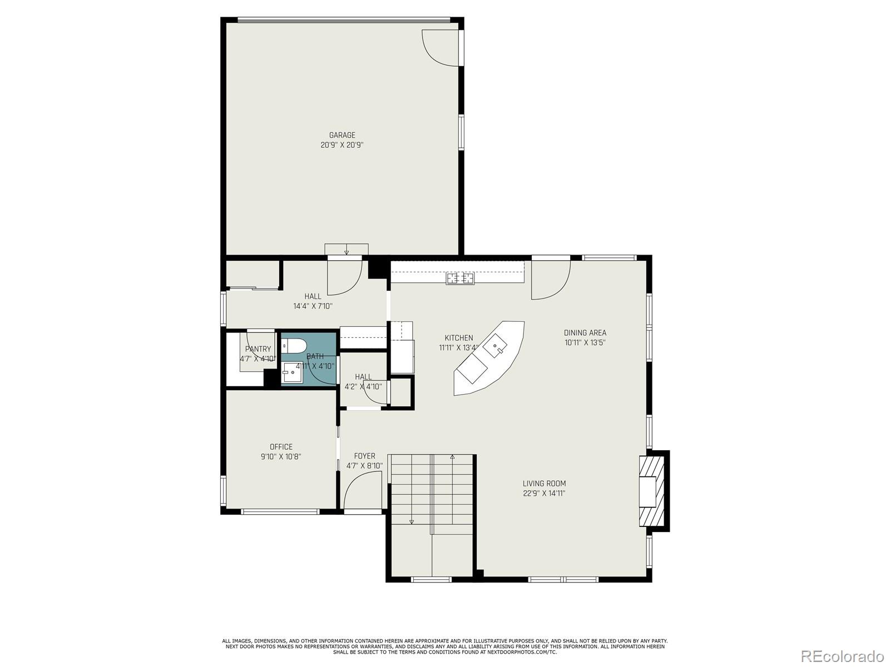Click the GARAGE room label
(x=342, y=135)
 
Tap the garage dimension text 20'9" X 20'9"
(x=342, y=145)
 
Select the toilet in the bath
(x=293, y=346)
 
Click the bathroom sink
(x=292, y=372)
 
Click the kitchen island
(x=488, y=359)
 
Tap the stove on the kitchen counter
(x=460, y=277)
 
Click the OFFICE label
(x=281, y=447)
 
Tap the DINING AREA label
(x=585, y=333)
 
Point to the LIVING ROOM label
(x=544, y=484)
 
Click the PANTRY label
(x=258, y=349)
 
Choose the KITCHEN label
(x=459, y=338)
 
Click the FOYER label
(x=364, y=456)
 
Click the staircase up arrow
(x=452, y=457)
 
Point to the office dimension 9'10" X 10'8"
(x=281, y=457)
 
